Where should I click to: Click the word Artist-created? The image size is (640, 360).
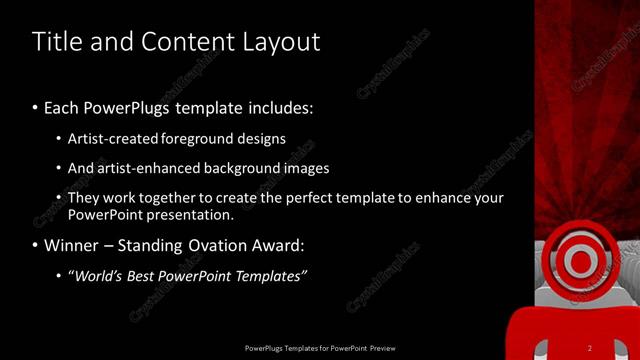tap(110, 138)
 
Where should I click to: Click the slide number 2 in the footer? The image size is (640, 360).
tap(590, 348)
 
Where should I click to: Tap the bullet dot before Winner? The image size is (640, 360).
tap(36, 245)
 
